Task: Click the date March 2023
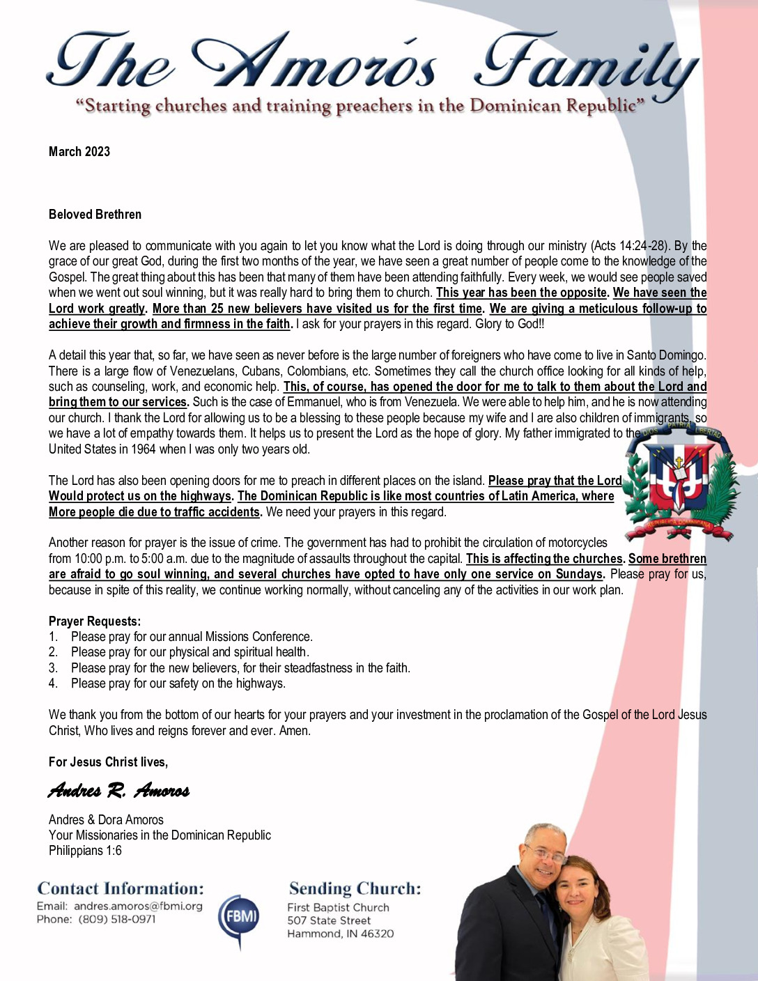(79, 152)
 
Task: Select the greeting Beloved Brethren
(95, 215)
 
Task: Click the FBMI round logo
(239, 917)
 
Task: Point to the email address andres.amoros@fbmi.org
(138, 906)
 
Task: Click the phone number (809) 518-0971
(117, 920)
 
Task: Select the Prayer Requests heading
(95, 621)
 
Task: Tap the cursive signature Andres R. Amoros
(118, 790)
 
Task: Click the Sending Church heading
(355, 889)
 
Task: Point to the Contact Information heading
(121, 889)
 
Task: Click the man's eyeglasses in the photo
(544, 853)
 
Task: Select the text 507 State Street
(329, 920)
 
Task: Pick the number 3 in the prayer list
(53, 668)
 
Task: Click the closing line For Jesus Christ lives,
(108, 762)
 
